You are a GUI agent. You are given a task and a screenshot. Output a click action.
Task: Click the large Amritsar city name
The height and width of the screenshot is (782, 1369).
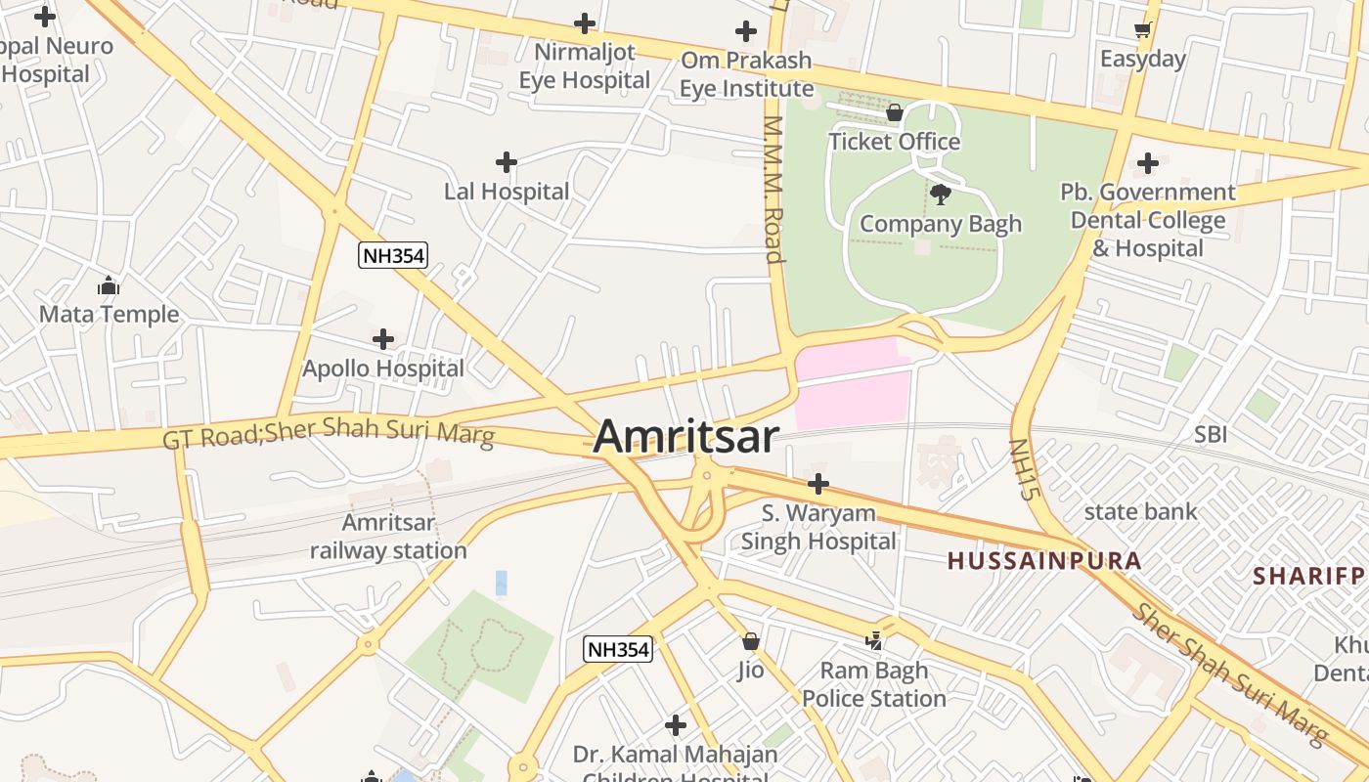(x=685, y=436)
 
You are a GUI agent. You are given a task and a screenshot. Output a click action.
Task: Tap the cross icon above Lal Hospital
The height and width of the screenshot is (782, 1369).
(x=506, y=161)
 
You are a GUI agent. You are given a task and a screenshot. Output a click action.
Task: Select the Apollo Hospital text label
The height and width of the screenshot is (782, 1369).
(x=383, y=369)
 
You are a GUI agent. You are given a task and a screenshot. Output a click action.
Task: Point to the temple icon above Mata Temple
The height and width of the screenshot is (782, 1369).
(x=109, y=285)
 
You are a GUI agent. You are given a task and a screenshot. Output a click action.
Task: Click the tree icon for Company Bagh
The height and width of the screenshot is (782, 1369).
(x=941, y=195)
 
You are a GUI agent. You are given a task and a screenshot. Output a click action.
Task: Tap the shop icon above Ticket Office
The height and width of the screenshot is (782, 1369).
(x=894, y=113)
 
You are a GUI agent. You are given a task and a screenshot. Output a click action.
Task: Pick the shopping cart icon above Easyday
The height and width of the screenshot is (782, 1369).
(x=1142, y=30)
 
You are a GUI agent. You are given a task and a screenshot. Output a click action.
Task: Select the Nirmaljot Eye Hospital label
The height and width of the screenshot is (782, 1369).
(x=584, y=65)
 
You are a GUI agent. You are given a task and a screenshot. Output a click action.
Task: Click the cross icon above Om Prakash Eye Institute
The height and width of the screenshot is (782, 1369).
(x=746, y=31)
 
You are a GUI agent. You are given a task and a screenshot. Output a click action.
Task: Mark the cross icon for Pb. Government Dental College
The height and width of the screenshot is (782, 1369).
(x=1148, y=162)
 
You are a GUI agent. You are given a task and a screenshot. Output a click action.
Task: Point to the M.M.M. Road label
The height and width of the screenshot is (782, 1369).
(x=773, y=190)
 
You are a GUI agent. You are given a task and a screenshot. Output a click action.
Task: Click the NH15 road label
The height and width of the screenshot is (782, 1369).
(x=1021, y=470)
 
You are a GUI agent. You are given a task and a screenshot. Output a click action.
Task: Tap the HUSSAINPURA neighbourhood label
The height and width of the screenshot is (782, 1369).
(x=1043, y=561)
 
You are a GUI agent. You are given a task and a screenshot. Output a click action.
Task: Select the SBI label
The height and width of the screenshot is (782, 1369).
(x=1210, y=434)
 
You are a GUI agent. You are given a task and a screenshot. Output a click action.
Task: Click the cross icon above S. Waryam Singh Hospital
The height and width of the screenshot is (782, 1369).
(x=818, y=483)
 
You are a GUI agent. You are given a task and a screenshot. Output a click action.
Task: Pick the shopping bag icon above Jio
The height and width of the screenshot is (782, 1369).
(x=750, y=641)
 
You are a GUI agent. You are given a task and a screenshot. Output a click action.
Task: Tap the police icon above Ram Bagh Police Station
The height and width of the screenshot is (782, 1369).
(x=874, y=641)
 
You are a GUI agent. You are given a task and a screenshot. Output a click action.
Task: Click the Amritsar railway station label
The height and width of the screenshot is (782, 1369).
(x=388, y=537)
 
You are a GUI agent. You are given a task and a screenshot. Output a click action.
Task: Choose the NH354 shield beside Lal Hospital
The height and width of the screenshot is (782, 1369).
(x=393, y=256)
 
